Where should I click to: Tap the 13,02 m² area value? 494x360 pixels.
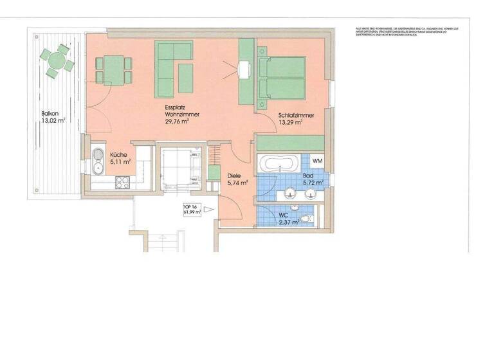pyautogui.click(x=53, y=120)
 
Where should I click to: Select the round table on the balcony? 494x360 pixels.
pyautogui.click(x=56, y=60)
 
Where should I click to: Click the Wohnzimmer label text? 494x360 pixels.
pyautogui.click(x=181, y=114)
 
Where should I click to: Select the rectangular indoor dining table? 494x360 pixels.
pyautogui.click(x=114, y=70)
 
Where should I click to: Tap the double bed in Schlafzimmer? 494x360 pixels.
pyautogui.click(x=282, y=78)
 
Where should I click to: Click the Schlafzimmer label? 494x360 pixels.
pyautogui.click(x=296, y=116)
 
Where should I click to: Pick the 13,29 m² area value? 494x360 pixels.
pyautogui.click(x=290, y=123)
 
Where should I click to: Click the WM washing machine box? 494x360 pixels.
pyautogui.click(x=318, y=160)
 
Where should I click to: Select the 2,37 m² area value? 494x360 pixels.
pyautogui.click(x=288, y=222)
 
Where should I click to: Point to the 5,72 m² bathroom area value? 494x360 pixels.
pyautogui.click(x=313, y=183)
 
